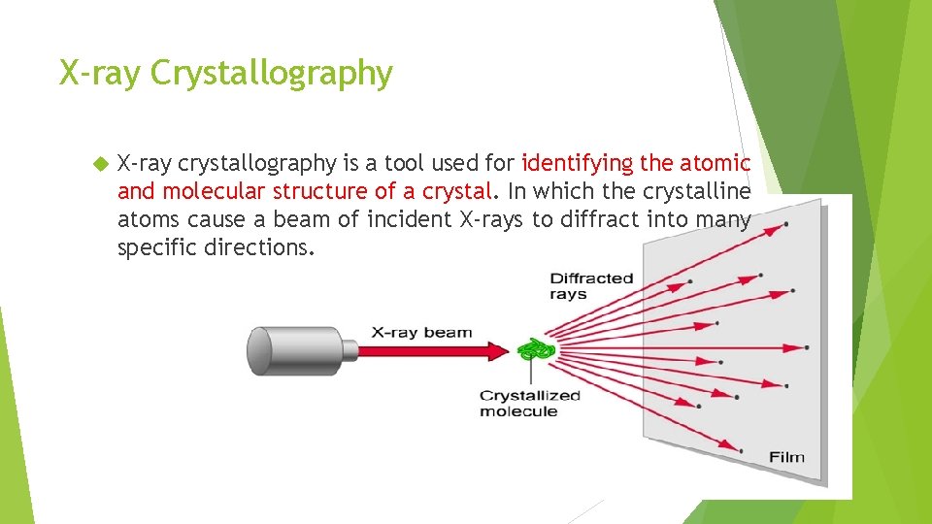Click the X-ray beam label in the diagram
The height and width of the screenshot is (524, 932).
click(421, 333)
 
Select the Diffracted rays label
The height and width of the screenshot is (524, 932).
click(591, 286)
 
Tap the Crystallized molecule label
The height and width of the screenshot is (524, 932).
click(529, 403)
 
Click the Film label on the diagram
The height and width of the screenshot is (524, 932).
click(786, 457)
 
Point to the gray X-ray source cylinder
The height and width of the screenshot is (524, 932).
click(291, 350)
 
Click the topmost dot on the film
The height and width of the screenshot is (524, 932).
click(784, 224)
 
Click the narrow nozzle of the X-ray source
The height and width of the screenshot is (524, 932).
click(352, 350)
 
